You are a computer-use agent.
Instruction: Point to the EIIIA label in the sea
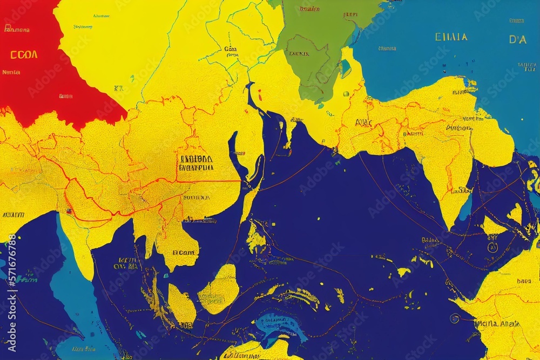(x=450, y=37)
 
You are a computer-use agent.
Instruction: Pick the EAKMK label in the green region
(x=299, y=54)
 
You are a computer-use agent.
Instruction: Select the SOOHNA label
(x=195, y=198)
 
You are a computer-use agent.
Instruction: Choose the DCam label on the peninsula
(x=185, y=252)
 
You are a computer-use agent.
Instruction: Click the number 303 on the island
(x=186, y=325)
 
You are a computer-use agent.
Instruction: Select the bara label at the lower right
(x=523, y=281)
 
